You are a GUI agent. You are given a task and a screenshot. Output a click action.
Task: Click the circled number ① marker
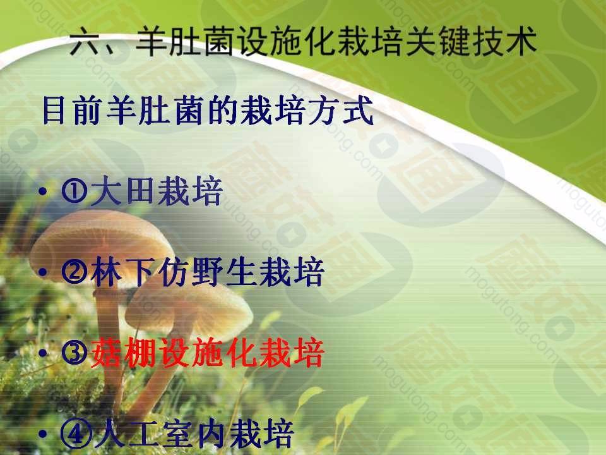click(x=74, y=191)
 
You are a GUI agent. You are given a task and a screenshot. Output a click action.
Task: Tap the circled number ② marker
click(x=74, y=272)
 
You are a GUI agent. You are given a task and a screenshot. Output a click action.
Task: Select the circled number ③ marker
click(x=74, y=353)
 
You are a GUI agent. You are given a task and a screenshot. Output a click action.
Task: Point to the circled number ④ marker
click(x=76, y=434)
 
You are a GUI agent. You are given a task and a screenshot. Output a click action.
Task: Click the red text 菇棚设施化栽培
click(x=207, y=353)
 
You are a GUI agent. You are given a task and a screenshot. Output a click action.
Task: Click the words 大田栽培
click(x=157, y=191)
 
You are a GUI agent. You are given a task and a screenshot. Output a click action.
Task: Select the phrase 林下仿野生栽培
click(x=207, y=272)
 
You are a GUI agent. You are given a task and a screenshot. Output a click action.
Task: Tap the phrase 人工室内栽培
click(x=193, y=434)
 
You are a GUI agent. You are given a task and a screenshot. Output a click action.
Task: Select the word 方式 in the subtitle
click(x=341, y=111)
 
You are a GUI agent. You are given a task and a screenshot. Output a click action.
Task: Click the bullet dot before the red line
click(x=43, y=353)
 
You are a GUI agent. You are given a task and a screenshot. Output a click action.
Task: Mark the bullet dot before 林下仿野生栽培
click(x=43, y=272)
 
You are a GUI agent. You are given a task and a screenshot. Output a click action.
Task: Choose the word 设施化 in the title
click(x=284, y=40)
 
